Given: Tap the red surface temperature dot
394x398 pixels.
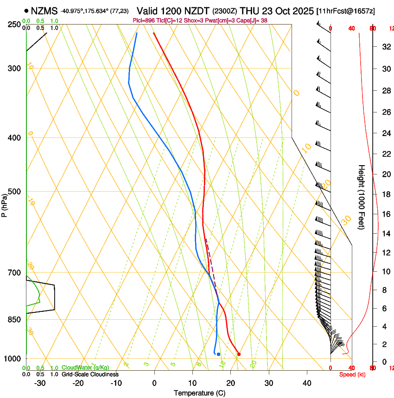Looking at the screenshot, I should pos(239,354).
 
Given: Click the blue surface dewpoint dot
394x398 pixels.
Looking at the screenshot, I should pos(218,354).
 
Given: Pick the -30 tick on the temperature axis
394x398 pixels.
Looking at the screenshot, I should pos(40,383).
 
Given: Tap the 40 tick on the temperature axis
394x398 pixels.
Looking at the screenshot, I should pos(307,383).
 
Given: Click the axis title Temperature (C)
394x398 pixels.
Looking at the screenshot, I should pos(199,393).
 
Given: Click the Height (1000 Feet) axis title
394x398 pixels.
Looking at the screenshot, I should pos(362,197).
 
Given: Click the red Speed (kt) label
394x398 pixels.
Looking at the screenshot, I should pos(351,374).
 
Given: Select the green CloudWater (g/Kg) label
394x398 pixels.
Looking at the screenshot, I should pos(79,367).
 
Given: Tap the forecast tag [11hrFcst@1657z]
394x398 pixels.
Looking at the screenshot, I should pos(345,11).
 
